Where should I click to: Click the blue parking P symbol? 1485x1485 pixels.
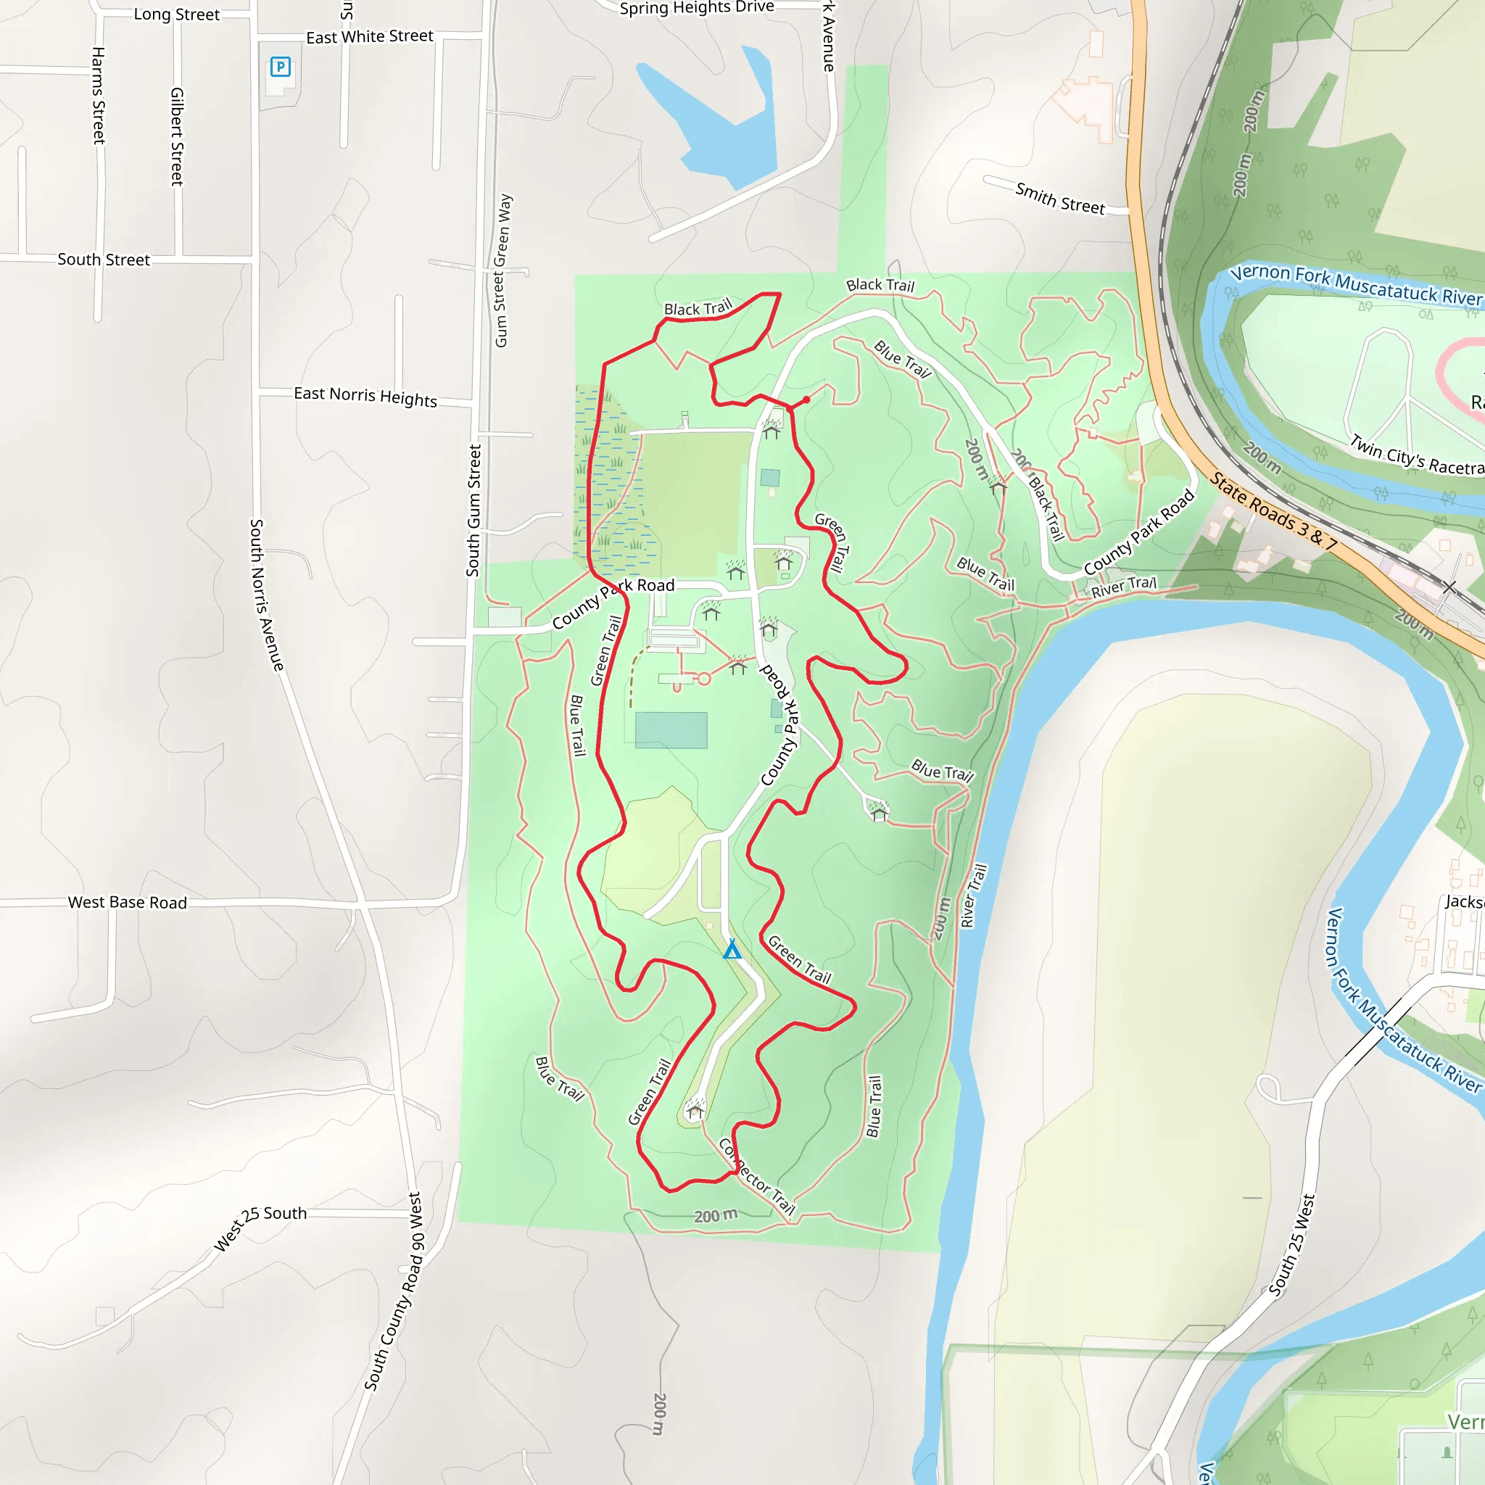click(x=281, y=67)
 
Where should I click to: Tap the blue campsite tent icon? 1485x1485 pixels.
click(x=732, y=950)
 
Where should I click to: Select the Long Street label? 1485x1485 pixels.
click(x=177, y=15)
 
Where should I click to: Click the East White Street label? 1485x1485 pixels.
click(x=370, y=37)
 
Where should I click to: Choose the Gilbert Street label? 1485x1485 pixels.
click(x=177, y=136)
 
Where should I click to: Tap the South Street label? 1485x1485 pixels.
click(x=104, y=260)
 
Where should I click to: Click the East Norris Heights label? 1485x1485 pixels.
click(x=365, y=397)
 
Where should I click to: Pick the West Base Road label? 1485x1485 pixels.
click(x=128, y=902)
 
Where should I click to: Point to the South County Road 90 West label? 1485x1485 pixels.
click(x=394, y=1292)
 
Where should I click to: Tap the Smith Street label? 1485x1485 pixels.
click(x=1060, y=198)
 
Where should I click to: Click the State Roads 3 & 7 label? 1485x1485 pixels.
click(x=1273, y=512)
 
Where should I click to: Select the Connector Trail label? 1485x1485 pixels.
click(x=757, y=1177)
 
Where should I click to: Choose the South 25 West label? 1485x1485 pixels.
click(x=1292, y=1246)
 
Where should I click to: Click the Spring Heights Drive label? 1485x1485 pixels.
click(x=696, y=8)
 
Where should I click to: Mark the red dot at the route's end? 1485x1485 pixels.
click(x=806, y=400)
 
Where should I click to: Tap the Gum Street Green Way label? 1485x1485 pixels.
click(x=502, y=270)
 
